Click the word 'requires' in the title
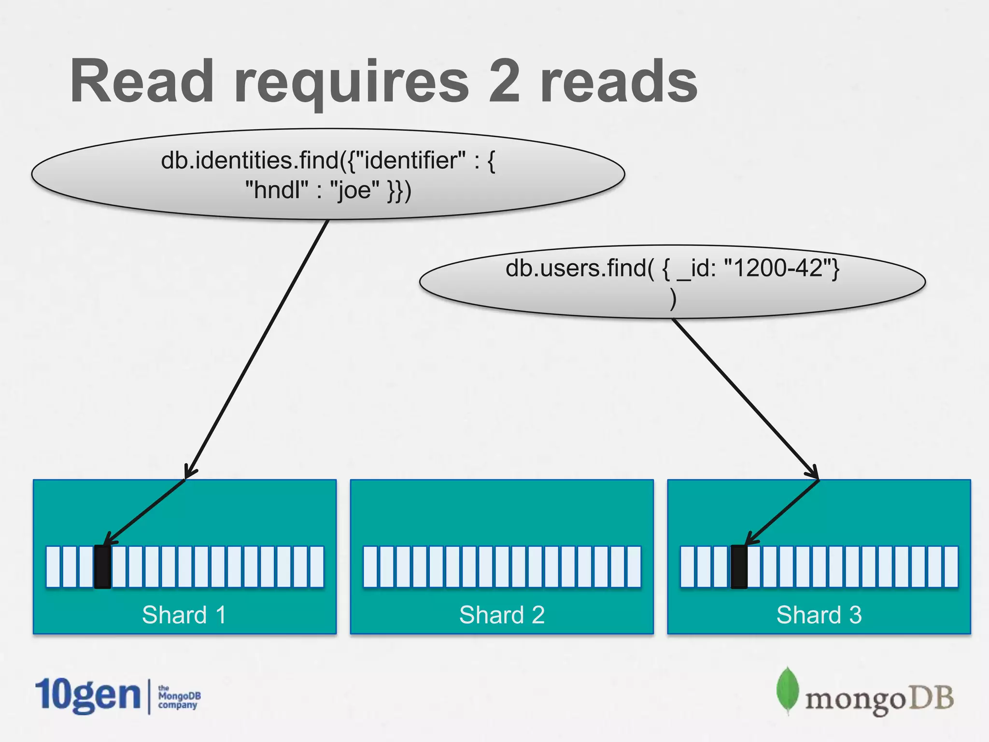(x=351, y=82)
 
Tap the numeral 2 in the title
(x=504, y=81)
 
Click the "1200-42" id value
(x=777, y=268)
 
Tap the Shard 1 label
(x=184, y=615)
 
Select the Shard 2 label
(x=502, y=615)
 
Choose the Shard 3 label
(x=819, y=615)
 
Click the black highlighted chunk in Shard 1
(x=102, y=567)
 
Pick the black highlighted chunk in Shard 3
(x=738, y=567)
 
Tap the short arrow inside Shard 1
(x=145, y=512)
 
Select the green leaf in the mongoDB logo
(x=787, y=690)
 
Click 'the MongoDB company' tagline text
(x=179, y=697)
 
